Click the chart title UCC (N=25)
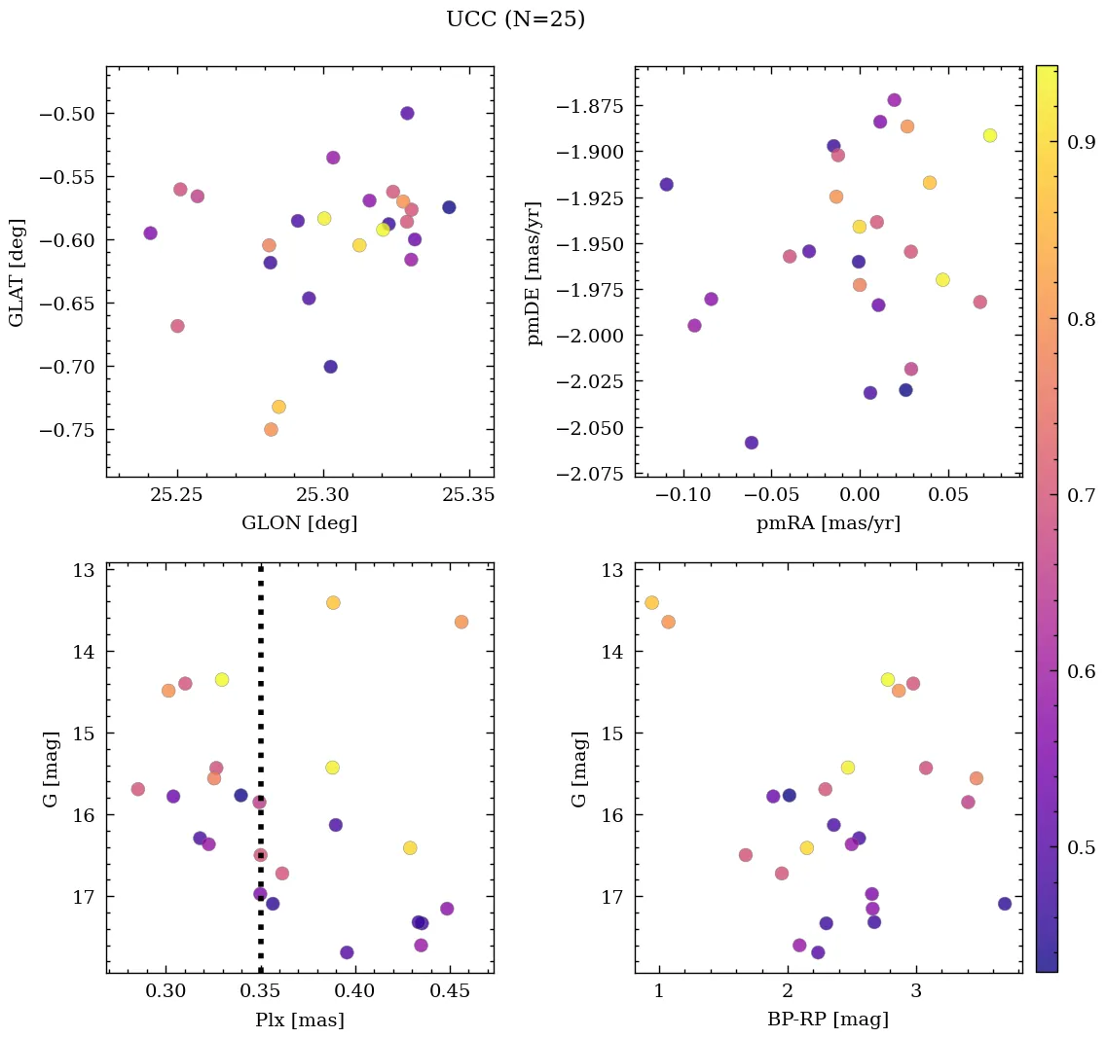515,19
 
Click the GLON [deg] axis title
299,523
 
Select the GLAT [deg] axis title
17,272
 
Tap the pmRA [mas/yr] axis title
828,523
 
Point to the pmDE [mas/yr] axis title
534,272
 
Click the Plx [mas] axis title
299,1020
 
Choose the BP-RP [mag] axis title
828,1020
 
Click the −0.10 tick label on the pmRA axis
685,494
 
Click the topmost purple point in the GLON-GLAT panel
407,113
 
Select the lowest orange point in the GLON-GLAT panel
271,429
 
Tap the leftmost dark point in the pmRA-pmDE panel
666,185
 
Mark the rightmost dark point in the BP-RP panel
1005,904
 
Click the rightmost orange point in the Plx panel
461,622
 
